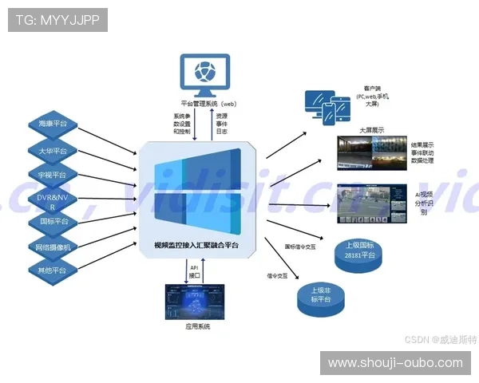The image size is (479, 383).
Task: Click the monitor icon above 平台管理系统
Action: click(205, 74)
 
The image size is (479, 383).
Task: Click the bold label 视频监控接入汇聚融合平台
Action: click(196, 246)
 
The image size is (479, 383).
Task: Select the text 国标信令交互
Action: click(300, 247)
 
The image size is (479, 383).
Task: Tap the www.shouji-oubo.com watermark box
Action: click(395, 363)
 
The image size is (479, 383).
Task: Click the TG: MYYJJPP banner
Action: click(57, 20)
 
